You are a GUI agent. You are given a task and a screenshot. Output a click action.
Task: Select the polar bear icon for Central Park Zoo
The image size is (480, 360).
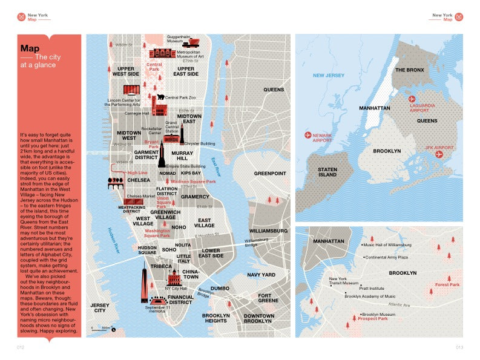pyautogui.click(x=160, y=97)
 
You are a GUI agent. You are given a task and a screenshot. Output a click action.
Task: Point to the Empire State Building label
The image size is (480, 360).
pyautogui.click(x=182, y=166)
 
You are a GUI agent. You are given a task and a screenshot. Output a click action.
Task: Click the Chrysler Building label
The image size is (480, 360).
pyautogui.click(x=200, y=143)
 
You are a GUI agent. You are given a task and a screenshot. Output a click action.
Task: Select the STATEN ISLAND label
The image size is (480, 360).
pyautogui.click(x=327, y=172)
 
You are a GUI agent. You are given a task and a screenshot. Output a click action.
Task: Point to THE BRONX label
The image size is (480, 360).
pyautogui.click(x=409, y=70)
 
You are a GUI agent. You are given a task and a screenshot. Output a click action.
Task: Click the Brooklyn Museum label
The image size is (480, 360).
pyautogui.click(x=378, y=314)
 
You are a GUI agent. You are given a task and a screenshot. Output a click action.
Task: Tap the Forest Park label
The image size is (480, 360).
pyautogui.click(x=447, y=284)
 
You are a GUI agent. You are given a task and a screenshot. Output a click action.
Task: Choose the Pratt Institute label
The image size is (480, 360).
pyautogui.click(x=372, y=289)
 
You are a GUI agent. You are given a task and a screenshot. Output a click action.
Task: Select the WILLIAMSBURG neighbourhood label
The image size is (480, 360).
pyautogui.click(x=268, y=231)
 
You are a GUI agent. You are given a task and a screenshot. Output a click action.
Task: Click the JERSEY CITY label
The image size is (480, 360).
pyautogui.click(x=100, y=308)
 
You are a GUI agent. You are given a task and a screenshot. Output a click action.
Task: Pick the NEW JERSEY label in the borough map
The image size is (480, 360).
pyautogui.click(x=328, y=76)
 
